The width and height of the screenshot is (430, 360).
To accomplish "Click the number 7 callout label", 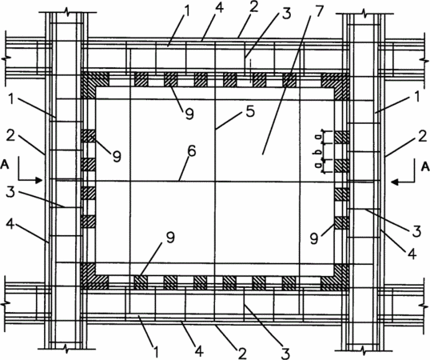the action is [x=319, y=11].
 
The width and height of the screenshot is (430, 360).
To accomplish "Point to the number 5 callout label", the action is [x=250, y=112].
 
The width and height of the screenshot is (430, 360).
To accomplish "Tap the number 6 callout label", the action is [x=191, y=151].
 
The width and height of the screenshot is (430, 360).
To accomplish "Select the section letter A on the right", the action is [x=425, y=166].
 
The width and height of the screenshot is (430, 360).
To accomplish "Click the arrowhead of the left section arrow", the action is [x=38, y=180].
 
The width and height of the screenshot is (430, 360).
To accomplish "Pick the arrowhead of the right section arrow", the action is [x=396, y=182].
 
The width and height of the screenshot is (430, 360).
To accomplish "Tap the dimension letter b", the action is [x=319, y=151].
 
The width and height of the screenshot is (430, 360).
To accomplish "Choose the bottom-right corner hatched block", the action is [x=335, y=277].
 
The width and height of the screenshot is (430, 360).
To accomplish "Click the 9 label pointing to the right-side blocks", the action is [x=314, y=238].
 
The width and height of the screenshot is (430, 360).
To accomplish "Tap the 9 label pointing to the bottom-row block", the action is [x=170, y=237].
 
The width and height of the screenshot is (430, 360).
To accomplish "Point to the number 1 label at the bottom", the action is [x=156, y=351].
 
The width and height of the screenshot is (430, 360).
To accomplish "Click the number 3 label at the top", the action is [x=286, y=14].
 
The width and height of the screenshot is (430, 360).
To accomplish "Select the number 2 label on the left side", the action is [x=10, y=135].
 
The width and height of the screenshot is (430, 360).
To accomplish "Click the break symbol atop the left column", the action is [x=66, y=11].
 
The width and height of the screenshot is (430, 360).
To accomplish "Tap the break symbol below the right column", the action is [x=364, y=350].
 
